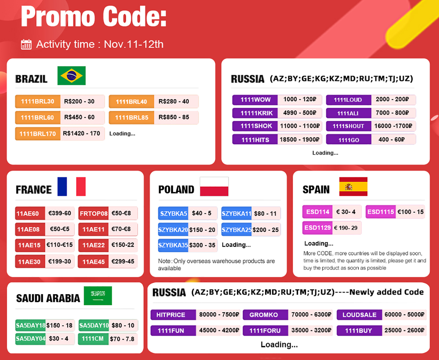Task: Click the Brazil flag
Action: pyautogui.click(x=71, y=76)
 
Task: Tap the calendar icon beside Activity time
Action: pyautogui.click(x=26, y=44)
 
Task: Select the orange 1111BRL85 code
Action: pyautogui.click(x=131, y=118)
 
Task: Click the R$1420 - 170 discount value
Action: pyautogui.click(x=81, y=133)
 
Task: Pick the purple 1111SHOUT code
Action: pyautogui.click(x=348, y=126)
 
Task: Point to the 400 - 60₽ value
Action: pyautogui.click(x=391, y=139)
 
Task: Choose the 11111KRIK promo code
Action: pyautogui.click(x=255, y=113)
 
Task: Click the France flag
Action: pyautogui.click(x=71, y=186)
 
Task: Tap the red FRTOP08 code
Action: pyautogui.click(x=93, y=213)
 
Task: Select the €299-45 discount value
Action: pyautogui.click(x=123, y=261)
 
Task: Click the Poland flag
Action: pyautogui.click(x=214, y=186)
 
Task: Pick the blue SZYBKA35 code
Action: pyautogui.click(x=173, y=245)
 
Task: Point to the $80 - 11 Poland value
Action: pyautogui.click(x=265, y=213)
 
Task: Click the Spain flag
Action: pyautogui.click(x=353, y=186)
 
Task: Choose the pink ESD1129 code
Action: pyautogui.click(x=318, y=228)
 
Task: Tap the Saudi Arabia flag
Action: pyautogui.click(x=98, y=296)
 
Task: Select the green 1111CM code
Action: pyautogui.click(x=93, y=339)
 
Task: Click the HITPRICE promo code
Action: pyautogui.click(x=173, y=315)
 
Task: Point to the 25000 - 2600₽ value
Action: pyautogui.click(x=404, y=330)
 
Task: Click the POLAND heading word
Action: pyautogui.click(x=176, y=189)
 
